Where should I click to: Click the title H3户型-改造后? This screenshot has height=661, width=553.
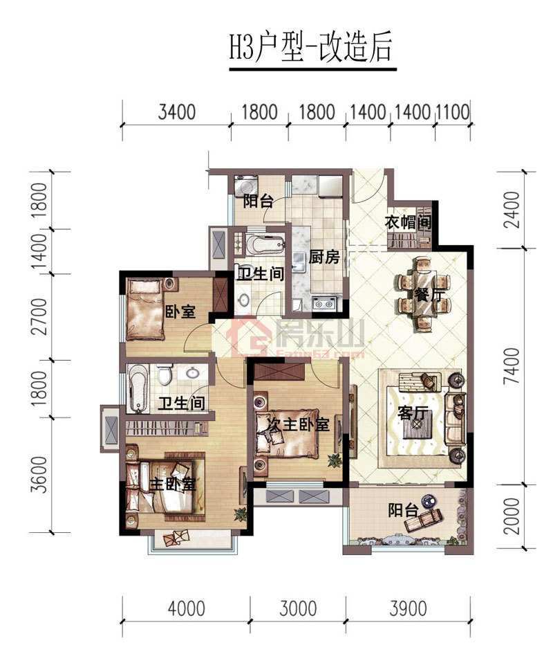point(310,48)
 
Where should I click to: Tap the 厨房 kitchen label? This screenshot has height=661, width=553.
point(324,257)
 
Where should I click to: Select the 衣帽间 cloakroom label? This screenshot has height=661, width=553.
point(407,221)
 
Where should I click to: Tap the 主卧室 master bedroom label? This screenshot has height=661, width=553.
point(174,485)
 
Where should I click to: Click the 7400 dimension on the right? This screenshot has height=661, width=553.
point(512,366)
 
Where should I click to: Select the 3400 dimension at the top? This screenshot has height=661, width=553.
point(177,112)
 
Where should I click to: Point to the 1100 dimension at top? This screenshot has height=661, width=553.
point(452,112)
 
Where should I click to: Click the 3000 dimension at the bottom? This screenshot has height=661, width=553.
point(298,608)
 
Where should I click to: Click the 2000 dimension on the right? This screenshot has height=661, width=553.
point(512,516)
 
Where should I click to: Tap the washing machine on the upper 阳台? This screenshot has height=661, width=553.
point(243,185)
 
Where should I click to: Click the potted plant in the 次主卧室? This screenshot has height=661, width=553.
point(334,460)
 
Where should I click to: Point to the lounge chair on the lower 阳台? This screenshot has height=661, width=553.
point(423,520)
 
